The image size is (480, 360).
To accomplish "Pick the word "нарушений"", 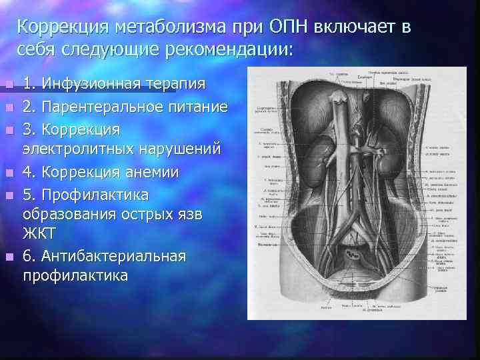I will (x=184, y=149).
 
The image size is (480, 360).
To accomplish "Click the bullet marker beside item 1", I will (x=7, y=85).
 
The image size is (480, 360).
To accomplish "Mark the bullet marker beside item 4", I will (x=7, y=172).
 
